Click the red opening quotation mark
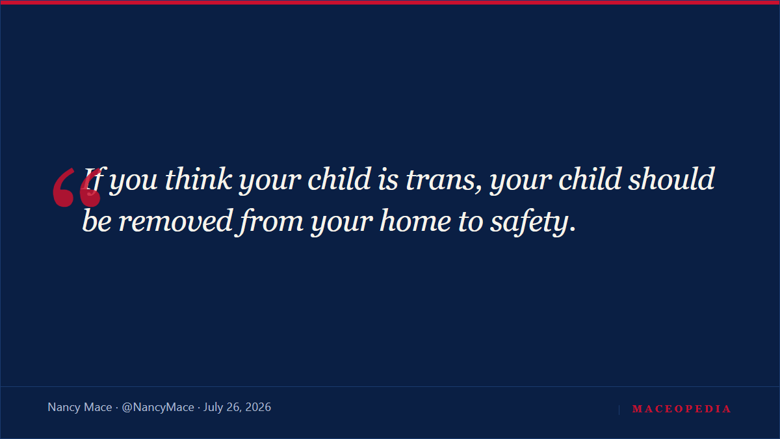click(x=77, y=187)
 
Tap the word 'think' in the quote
click(x=198, y=179)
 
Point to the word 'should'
click(x=671, y=179)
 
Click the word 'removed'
click(x=175, y=221)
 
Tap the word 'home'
click(x=415, y=221)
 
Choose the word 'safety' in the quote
click(x=529, y=222)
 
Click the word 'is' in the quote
click(x=387, y=180)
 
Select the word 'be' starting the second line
click(x=97, y=221)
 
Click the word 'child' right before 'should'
click(x=590, y=179)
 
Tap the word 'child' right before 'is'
click(x=339, y=179)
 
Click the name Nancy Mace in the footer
click(x=80, y=407)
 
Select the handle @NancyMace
click(x=158, y=407)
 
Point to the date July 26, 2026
click(x=237, y=407)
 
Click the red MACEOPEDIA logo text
click(x=681, y=408)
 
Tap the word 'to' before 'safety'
click(x=471, y=222)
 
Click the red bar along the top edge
click(x=390, y=3)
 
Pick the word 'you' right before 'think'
click(x=133, y=183)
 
